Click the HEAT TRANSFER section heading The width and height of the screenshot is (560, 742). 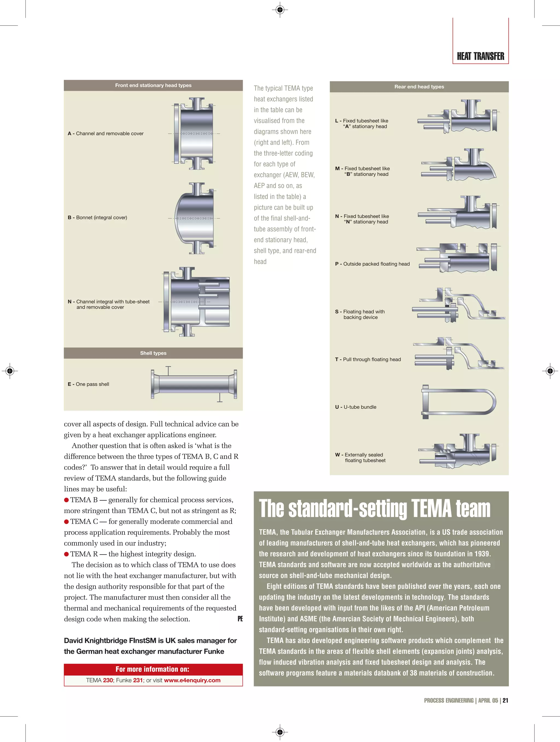tap(480, 56)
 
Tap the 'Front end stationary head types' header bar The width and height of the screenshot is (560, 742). tap(153, 85)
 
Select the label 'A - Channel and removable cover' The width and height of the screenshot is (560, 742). tap(106, 134)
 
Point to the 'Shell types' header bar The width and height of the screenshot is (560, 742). tap(153, 353)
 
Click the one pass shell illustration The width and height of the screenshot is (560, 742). tap(194, 384)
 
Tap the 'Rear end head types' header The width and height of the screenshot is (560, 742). tap(419, 86)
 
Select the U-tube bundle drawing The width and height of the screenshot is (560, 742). tap(458, 402)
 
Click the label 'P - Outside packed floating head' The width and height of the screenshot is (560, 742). tap(372, 264)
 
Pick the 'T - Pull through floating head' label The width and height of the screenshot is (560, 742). tap(368, 359)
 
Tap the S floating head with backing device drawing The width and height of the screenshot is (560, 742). tap(458, 305)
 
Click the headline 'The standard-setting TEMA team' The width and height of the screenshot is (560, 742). tap(374, 509)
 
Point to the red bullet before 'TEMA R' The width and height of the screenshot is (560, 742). tap(66, 554)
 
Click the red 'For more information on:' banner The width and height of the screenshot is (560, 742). tap(153, 669)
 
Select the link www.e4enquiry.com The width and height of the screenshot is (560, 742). tap(192, 680)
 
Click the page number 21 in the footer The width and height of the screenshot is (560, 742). tap(505, 700)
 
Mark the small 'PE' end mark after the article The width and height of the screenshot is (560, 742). tap(240, 619)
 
